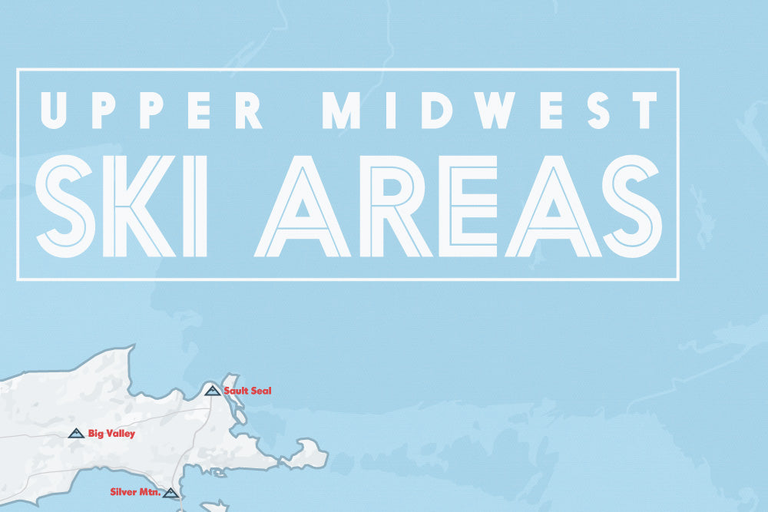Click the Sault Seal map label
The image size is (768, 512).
(x=247, y=391)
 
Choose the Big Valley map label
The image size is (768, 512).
(x=111, y=434)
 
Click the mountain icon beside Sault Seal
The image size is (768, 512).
(x=213, y=391)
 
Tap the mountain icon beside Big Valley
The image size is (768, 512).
(x=76, y=434)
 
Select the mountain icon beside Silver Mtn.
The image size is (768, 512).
(x=170, y=493)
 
